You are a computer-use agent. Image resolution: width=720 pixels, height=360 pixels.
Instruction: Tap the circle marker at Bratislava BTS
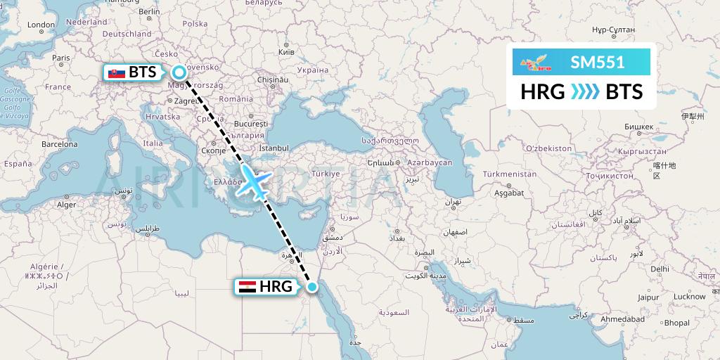tap(180, 72)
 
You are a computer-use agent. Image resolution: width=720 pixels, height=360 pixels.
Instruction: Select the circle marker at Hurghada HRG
tap(313, 286)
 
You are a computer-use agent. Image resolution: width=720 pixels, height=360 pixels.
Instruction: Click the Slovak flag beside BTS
tap(116, 72)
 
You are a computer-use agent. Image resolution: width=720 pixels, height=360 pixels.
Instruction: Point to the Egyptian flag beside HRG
tap(247, 286)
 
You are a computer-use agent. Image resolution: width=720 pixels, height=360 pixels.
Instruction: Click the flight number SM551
tap(598, 62)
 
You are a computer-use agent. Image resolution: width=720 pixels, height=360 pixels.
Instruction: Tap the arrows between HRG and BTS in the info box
tap(584, 91)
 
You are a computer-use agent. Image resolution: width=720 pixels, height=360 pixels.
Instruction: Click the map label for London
tap(41, 25)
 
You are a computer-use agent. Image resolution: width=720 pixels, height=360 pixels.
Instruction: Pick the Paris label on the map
tap(63, 58)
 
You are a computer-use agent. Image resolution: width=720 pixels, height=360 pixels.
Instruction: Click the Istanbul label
tap(274, 148)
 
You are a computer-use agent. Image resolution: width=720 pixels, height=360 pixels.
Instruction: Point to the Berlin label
tap(150, 11)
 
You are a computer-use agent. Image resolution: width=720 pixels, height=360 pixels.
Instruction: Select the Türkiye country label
tap(326, 173)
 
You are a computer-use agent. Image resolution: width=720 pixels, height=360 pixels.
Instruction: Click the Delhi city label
tap(660, 269)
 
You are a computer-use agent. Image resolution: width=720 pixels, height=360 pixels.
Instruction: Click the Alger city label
tap(65, 205)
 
